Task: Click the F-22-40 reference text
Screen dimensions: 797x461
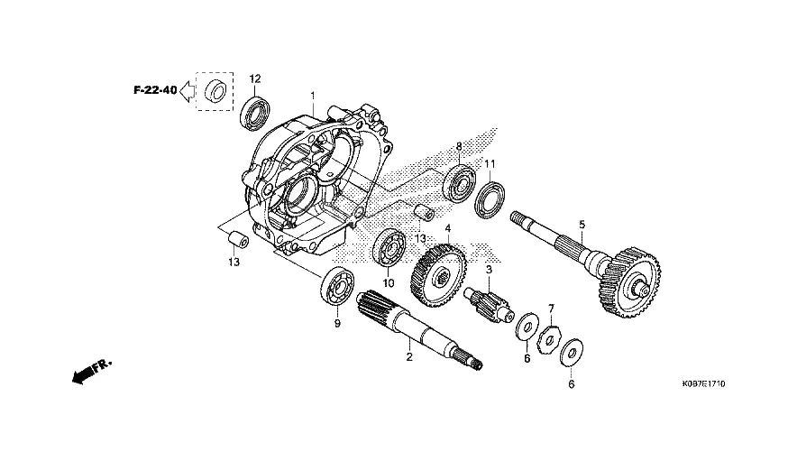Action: [155, 90]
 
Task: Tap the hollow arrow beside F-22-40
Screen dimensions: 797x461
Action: [187, 91]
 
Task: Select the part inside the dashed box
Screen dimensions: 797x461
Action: [215, 91]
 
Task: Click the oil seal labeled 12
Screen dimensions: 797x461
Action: [256, 112]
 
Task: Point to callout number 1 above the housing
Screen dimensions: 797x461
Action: [313, 96]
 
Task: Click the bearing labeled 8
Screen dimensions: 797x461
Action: [459, 181]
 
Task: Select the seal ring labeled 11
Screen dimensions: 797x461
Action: [490, 199]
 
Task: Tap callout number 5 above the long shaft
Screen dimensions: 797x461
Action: [582, 224]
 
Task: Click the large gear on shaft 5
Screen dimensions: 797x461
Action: [629, 282]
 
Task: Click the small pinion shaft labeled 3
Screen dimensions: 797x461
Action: [489, 304]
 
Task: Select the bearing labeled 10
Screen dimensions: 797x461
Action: [389, 248]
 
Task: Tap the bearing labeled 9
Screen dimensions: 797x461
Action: [337, 286]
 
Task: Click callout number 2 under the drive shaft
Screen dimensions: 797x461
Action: [408, 357]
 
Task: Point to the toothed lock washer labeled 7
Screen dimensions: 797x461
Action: [549, 336]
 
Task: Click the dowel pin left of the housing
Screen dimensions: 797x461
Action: [237, 240]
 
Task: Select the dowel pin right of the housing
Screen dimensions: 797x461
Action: [423, 212]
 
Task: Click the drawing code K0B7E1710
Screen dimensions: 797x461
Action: [703, 383]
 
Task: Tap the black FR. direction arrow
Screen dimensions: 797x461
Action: [91, 371]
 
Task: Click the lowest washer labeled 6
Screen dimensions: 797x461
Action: [572, 352]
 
